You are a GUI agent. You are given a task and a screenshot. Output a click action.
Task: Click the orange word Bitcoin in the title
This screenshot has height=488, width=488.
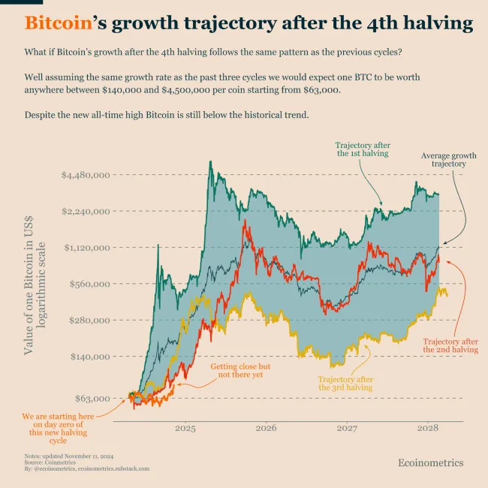57,23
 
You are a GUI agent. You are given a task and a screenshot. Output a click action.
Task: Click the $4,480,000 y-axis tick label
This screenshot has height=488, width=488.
86,175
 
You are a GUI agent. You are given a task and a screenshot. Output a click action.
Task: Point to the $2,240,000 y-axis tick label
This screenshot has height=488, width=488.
86,211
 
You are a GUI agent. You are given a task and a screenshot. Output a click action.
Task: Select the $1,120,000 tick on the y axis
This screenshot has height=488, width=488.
86,247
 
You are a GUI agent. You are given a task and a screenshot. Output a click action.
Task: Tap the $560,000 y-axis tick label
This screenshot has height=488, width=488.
89,284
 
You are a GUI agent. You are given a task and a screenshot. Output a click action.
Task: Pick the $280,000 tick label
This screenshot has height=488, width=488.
89,320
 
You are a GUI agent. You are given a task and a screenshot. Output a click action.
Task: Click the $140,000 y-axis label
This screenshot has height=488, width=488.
89,356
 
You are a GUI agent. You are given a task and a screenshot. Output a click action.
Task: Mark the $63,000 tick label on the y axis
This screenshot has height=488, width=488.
92,398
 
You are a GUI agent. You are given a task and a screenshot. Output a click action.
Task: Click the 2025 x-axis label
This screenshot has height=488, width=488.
185,429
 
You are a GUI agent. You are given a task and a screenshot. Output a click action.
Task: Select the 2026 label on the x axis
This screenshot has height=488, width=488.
266,429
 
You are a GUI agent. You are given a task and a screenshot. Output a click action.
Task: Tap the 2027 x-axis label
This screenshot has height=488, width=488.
347,429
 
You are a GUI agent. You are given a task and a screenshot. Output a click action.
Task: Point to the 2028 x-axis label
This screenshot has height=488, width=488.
427,429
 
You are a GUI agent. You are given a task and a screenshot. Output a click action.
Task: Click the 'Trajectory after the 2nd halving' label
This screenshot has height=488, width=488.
450,345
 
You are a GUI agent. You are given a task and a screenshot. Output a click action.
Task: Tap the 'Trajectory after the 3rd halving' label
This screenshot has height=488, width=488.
345,383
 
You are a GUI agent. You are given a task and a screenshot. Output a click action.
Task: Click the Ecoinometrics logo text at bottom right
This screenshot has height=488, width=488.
430,463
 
